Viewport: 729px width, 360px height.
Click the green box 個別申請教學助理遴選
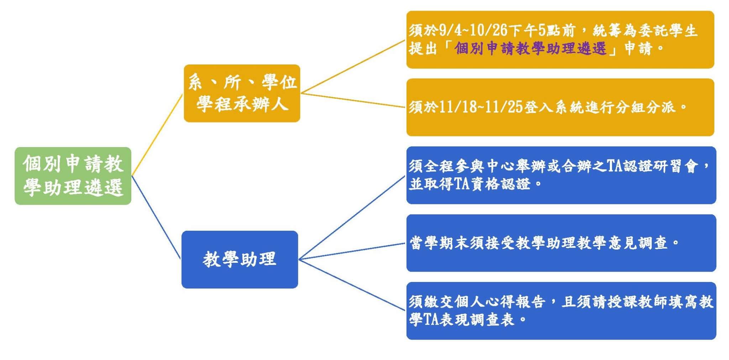coord(73,176)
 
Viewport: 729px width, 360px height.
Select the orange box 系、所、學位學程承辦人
coord(242,93)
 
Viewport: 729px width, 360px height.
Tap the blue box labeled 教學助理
coord(240,260)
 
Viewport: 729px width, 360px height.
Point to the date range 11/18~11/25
coord(481,107)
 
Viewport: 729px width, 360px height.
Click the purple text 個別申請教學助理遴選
coord(530,48)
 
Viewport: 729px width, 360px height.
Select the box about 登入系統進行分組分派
coord(560,107)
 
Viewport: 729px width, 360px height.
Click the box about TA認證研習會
coord(561,175)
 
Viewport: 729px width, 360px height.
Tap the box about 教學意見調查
coord(561,243)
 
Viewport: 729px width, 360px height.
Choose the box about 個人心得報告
coord(561,311)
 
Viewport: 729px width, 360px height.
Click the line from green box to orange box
coord(157,135)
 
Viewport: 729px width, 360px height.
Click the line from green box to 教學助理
coord(156,218)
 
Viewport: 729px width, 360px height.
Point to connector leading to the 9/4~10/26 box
coord(353,67)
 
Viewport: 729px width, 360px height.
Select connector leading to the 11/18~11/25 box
coord(353,100)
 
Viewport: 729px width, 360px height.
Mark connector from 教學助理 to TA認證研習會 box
coord(352,217)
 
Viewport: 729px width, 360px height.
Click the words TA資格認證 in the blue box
coord(492,184)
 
